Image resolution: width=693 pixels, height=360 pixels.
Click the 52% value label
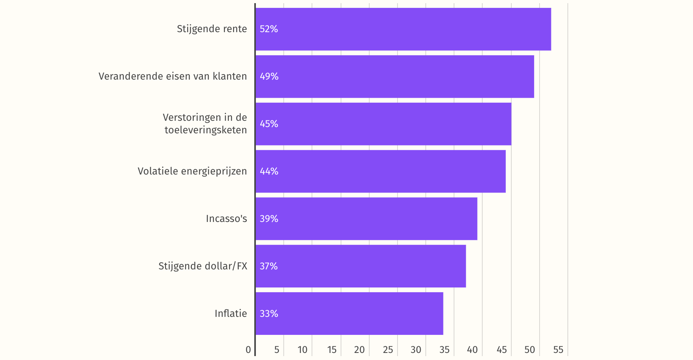pyautogui.click(x=269, y=29)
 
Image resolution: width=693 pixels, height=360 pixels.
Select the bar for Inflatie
pyautogui.click(x=349, y=313)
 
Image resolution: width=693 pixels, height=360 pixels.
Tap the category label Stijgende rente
pyautogui.click(x=212, y=29)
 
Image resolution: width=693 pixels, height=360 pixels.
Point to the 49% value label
pyautogui.click(x=269, y=76)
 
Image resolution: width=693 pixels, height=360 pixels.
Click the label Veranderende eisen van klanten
pyautogui.click(x=173, y=76)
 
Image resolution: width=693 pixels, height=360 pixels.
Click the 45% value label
pyautogui.click(x=269, y=124)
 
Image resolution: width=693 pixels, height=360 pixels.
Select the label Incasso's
pyautogui.click(x=226, y=219)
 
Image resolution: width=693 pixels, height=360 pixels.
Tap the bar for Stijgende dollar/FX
pyautogui.click(x=361, y=266)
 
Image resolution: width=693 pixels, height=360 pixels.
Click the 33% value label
pyautogui.click(x=269, y=314)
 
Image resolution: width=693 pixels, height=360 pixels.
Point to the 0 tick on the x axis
pyautogui.click(x=248, y=350)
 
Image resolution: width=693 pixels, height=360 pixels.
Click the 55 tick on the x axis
pyautogui.click(x=558, y=350)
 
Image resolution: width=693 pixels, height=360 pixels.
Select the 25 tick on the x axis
pyautogui.click(x=388, y=350)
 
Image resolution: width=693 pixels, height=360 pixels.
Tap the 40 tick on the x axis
pyautogui.click(x=472, y=350)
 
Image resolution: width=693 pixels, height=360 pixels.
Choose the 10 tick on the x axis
pyautogui.click(x=303, y=350)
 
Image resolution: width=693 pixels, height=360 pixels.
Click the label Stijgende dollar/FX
pyautogui.click(x=203, y=266)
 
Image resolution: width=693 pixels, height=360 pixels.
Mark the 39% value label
pyautogui.click(x=269, y=219)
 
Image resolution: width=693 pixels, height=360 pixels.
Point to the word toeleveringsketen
pyautogui.click(x=206, y=130)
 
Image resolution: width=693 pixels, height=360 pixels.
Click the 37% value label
pyautogui.click(x=269, y=266)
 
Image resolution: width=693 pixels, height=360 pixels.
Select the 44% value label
pyautogui.click(x=269, y=171)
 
